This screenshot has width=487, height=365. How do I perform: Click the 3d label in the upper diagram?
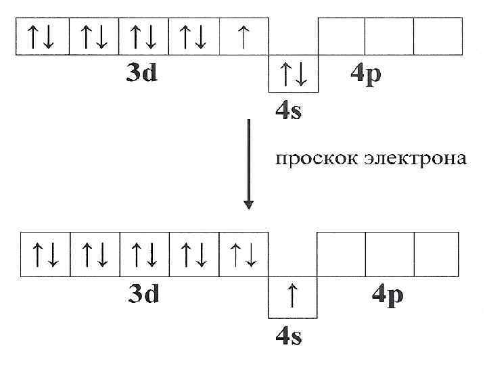pos(142,72)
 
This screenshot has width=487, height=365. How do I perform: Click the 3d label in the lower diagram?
pos(144,294)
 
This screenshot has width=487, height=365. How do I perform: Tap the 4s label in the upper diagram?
pos(289,110)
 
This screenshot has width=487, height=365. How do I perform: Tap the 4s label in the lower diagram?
pos(289,336)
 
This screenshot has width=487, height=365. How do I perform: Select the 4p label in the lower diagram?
pos(388,295)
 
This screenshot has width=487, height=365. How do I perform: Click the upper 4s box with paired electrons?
pos(293,74)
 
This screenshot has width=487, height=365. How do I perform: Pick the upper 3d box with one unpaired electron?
pos(243,37)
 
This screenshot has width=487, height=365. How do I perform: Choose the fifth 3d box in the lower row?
pos(243,255)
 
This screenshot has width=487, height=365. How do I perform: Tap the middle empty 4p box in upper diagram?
pos(388,37)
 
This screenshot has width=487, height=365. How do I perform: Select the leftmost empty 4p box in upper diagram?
pos(341,37)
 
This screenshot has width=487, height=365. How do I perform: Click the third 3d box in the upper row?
pos(143,37)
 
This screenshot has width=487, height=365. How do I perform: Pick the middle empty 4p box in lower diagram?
pos(389,255)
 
